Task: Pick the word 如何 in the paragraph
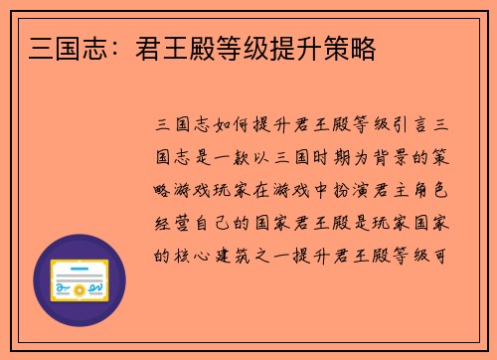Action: pyautogui.click(x=231, y=127)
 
